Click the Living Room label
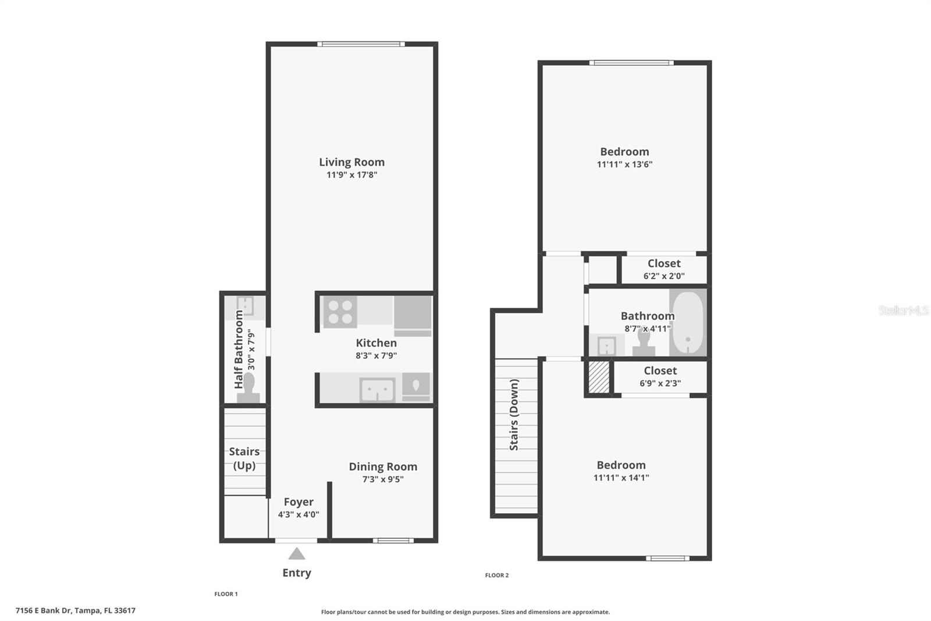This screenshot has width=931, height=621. tap(351, 162)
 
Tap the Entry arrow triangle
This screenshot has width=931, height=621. tap(297, 553)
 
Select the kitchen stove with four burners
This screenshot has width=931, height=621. tap(340, 312)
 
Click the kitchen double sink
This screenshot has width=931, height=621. tap(377, 390)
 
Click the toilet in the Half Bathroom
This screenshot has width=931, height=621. tap(248, 388)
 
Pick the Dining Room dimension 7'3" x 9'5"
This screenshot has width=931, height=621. tap(383, 479)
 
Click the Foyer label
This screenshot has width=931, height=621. tap(299, 502)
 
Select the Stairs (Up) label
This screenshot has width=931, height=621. tap(244, 458)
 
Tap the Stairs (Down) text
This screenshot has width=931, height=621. tap(514, 415)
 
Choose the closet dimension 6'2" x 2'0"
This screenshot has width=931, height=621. tap(664, 276)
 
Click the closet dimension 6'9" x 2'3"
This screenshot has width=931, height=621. tap(660, 383)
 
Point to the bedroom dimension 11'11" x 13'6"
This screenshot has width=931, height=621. tap(624, 164)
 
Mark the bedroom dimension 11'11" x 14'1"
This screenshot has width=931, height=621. tap(621, 478)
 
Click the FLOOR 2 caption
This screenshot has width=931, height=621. tap(497, 575)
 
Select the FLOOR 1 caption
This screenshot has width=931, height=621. tap(226, 594)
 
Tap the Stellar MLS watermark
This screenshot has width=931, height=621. tap(903, 310)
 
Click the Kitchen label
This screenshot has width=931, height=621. tap(376, 343)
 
